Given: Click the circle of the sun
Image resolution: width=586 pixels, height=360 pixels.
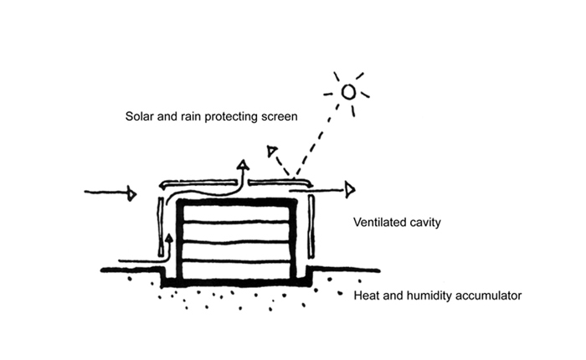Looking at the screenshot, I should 348,91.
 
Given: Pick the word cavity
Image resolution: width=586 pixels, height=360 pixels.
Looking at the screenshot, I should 424,224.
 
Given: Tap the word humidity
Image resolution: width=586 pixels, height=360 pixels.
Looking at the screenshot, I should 427,296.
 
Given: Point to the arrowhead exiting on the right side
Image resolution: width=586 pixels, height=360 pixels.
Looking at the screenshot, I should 350,190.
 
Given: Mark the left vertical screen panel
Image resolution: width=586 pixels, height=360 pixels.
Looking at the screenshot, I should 161,227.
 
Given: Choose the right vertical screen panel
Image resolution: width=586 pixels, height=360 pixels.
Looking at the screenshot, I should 311,227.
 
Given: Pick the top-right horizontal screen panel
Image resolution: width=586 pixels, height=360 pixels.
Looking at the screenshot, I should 280,181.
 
